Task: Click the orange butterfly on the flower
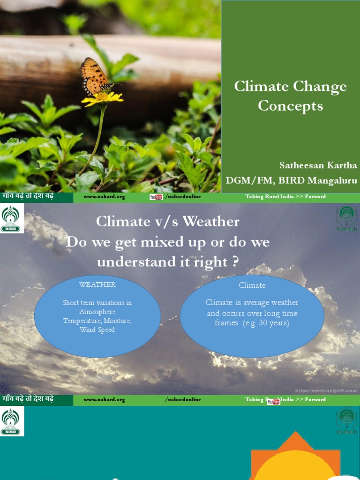click(95, 76)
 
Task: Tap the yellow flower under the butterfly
click(102, 98)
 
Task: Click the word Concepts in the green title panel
click(290, 106)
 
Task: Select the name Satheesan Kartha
click(318, 165)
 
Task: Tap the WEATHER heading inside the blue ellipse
click(97, 285)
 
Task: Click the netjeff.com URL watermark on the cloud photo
click(326, 390)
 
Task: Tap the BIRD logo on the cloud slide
click(12, 218)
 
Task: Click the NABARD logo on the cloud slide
click(346, 218)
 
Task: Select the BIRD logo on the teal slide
click(12, 421)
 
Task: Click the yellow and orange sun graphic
click(295, 459)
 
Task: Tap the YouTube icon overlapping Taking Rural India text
click(273, 401)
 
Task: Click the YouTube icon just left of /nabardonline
click(156, 197)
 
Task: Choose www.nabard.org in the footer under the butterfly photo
click(104, 197)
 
